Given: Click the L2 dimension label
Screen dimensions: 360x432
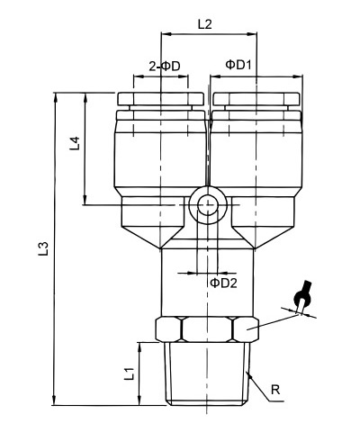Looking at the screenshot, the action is click(205, 24).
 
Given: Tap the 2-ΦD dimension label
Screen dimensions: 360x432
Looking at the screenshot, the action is click(165, 66).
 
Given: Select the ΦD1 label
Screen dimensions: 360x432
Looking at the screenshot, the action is click(238, 65).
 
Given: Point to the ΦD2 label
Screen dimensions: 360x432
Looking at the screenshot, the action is click(223, 283).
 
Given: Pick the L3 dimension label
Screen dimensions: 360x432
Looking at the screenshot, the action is click(43, 248).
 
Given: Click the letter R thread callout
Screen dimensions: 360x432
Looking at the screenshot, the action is click(275, 390).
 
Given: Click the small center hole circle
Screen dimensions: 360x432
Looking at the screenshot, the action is click(207, 205).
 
